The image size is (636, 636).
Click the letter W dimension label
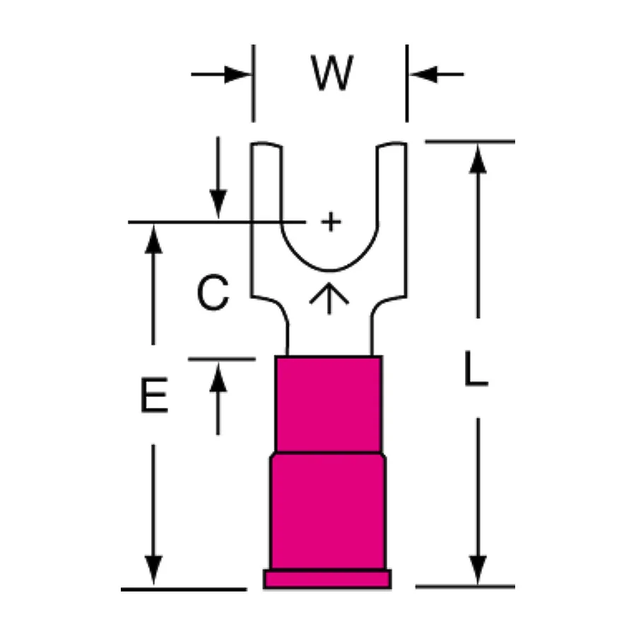332,73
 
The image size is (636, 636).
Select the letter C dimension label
213,293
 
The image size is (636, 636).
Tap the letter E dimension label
154,395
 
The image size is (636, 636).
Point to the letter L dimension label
476,368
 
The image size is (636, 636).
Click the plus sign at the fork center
331,222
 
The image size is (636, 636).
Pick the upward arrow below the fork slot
329,298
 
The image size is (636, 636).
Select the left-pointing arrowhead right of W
423,74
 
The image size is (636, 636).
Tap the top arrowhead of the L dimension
478,159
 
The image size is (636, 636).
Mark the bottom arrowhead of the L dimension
478,570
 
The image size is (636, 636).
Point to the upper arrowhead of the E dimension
153,240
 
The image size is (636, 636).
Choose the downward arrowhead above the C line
218,204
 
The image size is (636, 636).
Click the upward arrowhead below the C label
218,377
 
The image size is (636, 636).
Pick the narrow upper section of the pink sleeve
329,404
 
